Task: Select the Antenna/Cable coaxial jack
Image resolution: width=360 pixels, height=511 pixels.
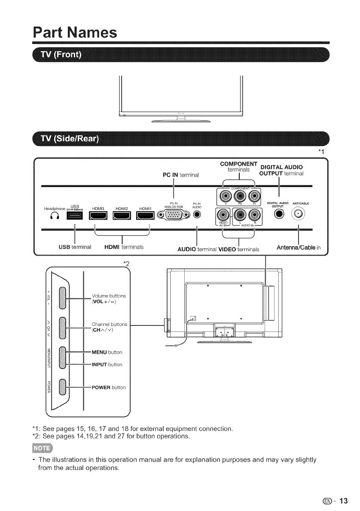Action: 298,214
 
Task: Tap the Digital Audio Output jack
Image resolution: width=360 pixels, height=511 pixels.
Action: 279,214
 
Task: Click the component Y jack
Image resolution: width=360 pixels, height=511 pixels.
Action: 226,197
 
